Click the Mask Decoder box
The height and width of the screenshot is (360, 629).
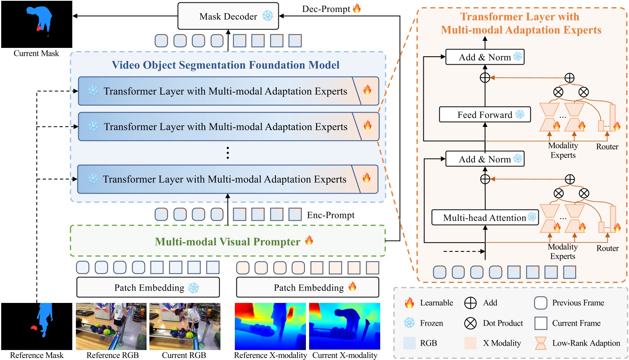pyautogui.click(x=228, y=16)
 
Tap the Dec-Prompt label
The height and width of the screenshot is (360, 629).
pyautogui.click(x=326, y=9)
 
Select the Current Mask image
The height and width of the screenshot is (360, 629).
pyautogui.click(x=37, y=24)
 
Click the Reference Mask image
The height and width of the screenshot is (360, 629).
pyautogui.click(x=37, y=326)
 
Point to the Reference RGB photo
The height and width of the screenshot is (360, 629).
pyautogui.click(x=111, y=326)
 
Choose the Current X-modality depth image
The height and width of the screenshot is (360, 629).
pyautogui.click(x=344, y=326)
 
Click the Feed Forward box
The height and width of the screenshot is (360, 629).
pyautogui.click(x=484, y=115)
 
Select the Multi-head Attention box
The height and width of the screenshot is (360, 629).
pyautogui.click(x=484, y=218)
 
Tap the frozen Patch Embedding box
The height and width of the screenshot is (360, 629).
pyautogui.click(x=148, y=287)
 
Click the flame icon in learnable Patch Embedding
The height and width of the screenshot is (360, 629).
pyautogui.click(x=352, y=287)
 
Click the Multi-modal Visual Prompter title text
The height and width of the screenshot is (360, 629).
pyautogui.click(x=227, y=242)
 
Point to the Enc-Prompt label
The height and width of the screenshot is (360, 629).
pyautogui.click(x=331, y=215)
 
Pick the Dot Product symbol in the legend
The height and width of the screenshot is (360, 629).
pyautogui.click(x=470, y=323)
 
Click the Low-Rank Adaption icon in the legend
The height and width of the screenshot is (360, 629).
pyautogui.click(x=540, y=343)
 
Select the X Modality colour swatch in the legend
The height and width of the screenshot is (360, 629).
pyautogui.click(x=470, y=343)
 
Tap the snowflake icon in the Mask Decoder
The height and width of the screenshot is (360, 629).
pyautogui.click(x=268, y=16)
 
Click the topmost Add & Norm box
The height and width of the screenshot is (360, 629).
pyautogui.click(x=484, y=57)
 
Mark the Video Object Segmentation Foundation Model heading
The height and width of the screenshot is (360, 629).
pyautogui.click(x=226, y=65)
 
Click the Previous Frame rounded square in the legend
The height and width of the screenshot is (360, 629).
pyautogui.click(x=540, y=303)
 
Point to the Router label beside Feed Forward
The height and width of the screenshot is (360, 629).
pyautogui.click(x=607, y=147)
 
